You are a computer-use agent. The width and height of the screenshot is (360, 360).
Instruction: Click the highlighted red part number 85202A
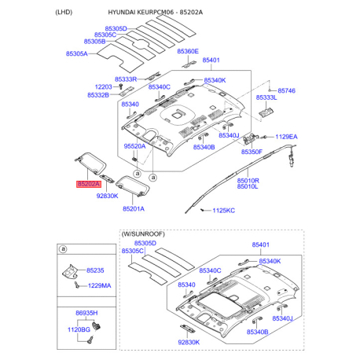[89, 184]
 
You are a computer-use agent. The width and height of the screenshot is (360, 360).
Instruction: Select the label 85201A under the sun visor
[134, 208]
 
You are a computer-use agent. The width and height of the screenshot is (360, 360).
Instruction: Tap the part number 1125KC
[224, 211]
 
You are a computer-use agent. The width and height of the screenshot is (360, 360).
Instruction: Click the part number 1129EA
[286, 137]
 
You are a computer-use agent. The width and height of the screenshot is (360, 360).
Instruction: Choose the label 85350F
[251, 151]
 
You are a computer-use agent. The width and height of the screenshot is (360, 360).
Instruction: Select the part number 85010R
[248, 179]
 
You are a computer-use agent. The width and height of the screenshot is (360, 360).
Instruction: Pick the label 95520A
[134, 147]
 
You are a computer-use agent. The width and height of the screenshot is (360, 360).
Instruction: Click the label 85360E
[188, 51]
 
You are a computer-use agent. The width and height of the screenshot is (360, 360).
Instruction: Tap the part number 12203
[104, 86]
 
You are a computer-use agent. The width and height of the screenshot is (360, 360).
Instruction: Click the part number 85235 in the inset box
[95, 270]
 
